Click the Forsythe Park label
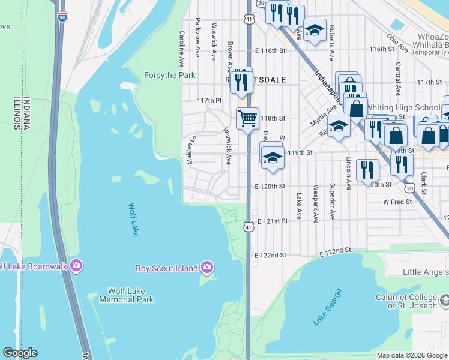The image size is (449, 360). coord(170,76)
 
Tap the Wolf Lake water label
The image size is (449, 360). coord(133,220)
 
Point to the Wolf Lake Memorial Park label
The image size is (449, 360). coord(126,295)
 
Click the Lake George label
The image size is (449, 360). coord(327,307)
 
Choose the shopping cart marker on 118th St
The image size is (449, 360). coord(247,118)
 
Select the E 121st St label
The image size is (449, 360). coord(273,221)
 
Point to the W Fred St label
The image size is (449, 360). coord(398,202)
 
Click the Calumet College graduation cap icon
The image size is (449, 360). coord(444,299)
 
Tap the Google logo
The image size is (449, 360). coord(19,353)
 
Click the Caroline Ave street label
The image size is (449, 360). coord(181,49)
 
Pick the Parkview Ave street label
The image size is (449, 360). coord(197,38)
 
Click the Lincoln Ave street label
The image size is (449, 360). coord(348,173)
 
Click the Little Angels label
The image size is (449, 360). coord(425,272)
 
